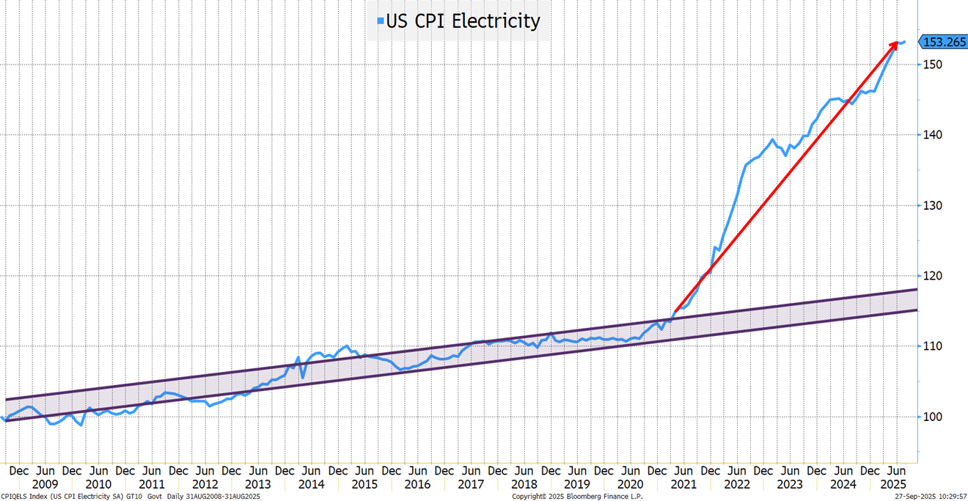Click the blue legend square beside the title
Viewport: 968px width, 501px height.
point(380,22)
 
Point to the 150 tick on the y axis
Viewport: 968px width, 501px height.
point(931,65)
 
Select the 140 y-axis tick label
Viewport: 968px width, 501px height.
point(931,135)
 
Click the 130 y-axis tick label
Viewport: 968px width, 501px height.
point(931,205)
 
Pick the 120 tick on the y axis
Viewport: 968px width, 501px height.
point(931,276)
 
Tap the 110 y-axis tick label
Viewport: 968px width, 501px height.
point(931,346)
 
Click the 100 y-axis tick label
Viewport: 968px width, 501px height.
point(931,417)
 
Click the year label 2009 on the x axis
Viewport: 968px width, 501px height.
point(45,484)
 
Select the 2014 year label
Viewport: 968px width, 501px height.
point(311,484)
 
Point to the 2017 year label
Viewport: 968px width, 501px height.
point(470,484)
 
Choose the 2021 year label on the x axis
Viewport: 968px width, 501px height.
point(683,484)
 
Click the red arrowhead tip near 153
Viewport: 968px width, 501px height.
point(897,43)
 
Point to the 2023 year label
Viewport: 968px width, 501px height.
point(789,484)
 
